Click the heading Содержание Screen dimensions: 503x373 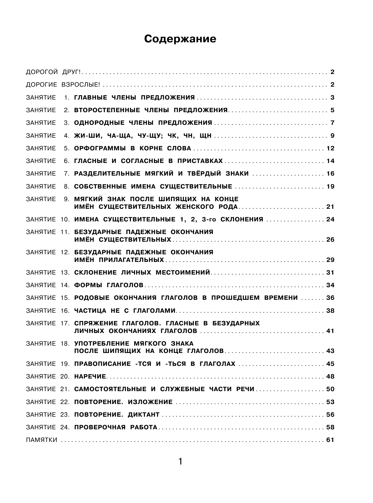pos(180,39)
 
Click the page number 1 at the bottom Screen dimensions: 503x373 pos(180,461)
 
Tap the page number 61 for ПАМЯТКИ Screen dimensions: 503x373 pos(330,440)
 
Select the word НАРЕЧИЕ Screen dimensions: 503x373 pos(90,376)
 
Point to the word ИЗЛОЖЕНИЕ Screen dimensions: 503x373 pos(150,402)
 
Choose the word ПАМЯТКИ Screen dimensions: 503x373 pos(41,440)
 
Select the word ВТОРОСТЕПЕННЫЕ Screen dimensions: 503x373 pos(107,110)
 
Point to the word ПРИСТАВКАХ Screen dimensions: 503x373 pos(200,161)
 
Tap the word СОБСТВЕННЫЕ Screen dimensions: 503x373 pos(100,186)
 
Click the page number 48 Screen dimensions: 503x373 pos(330,376)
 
